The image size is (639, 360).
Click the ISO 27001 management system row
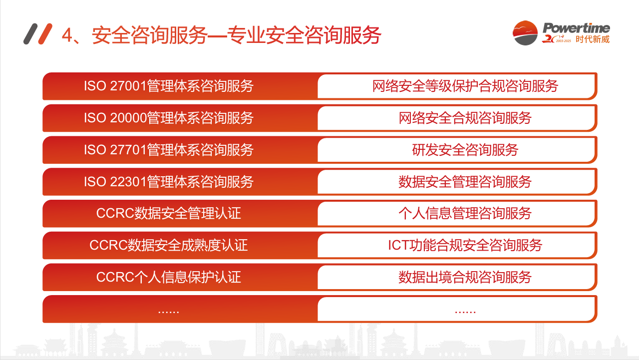point(169,86)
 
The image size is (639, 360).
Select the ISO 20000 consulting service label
point(169,118)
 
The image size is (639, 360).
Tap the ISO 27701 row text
point(169,150)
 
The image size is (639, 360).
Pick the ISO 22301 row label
point(169,182)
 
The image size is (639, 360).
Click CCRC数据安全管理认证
point(169,213)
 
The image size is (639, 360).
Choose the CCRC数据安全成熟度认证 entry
point(169,245)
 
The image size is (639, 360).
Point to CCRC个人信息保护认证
point(169,277)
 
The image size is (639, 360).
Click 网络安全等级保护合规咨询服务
point(465,86)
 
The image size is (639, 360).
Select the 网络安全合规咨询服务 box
point(465,118)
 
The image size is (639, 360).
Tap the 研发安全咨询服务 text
point(465,150)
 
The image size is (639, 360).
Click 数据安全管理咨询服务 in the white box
point(465,182)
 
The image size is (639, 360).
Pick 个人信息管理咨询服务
point(465,213)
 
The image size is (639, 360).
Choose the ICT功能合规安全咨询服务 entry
point(465,245)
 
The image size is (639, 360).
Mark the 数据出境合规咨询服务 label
point(465,277)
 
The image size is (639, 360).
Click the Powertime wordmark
point(576,28)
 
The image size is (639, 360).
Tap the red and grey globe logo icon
point(525,33)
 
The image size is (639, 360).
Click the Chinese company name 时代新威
point(593,39)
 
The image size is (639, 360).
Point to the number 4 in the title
point(67,35)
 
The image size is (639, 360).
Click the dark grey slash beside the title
point(30,33)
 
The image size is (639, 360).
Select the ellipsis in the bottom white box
point(465,312)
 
